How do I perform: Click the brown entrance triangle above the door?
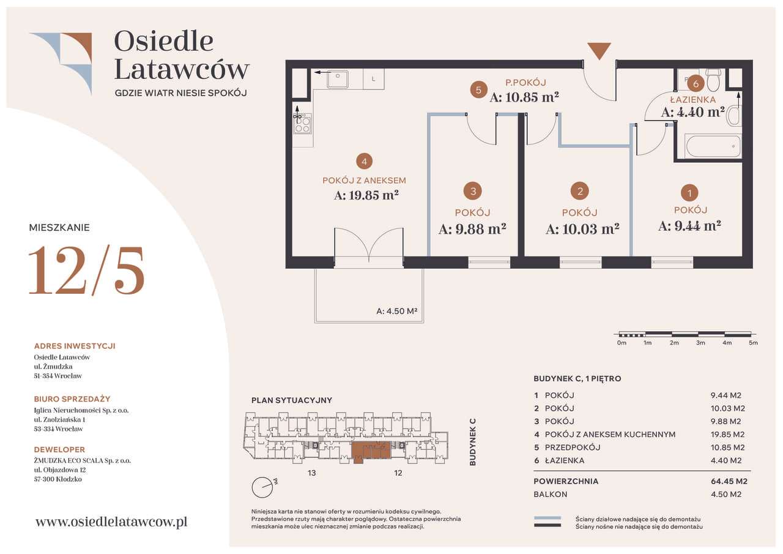[x=599, y=50]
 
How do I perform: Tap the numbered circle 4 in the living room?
[x=364, y=162]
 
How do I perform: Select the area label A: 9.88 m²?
[x=472, y=229]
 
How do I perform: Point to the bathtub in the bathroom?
[x=713, y=146]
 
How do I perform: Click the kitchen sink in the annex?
[x=337, y=79]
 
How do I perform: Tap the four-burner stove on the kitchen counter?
[x=303, y=124]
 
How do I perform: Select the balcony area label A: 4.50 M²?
[x=397, y=311]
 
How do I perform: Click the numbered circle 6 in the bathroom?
[x=696, y=84]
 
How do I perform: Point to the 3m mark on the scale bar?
[x=700, y=343]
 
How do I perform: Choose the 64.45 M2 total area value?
[x=729, y=481]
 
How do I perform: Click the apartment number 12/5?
[x=86, y=271]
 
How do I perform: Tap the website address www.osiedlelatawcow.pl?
[x=111, y=522]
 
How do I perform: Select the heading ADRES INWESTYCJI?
[x=75, y=346]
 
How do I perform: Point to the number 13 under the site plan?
[x=312, y=473]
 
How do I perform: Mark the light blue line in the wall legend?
[x=547, y=518]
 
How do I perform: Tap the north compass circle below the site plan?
[x=262, y=487]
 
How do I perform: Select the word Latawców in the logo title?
[x=182, y=69]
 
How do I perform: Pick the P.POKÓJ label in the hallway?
[x=525, y=83]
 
